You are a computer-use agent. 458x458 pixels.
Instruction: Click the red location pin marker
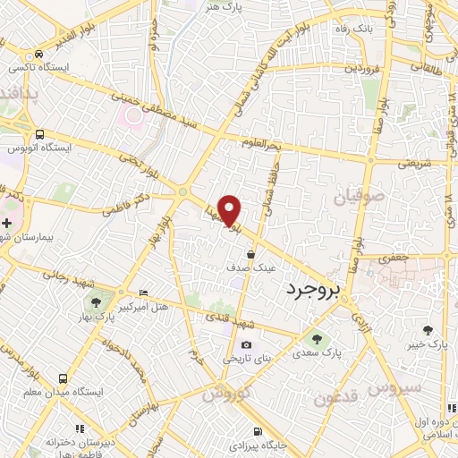pyautogui.click(x=230, y=209)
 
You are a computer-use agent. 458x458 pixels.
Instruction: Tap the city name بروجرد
pyautogui.click(x=319, y=291)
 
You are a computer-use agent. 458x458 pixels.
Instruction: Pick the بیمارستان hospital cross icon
pyautogui.click(x=7, y=221)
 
